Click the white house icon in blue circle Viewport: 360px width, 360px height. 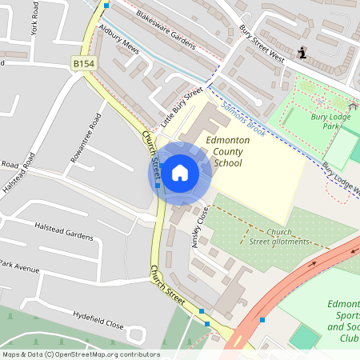180,171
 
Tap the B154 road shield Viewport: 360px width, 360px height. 82,62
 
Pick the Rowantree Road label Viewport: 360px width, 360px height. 86,138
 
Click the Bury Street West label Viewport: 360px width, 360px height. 261,42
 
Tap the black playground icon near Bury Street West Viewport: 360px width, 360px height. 302,54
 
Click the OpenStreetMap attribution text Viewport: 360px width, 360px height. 80,354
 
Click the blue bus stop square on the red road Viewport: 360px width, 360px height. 262,319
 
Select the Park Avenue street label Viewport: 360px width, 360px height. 19,266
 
